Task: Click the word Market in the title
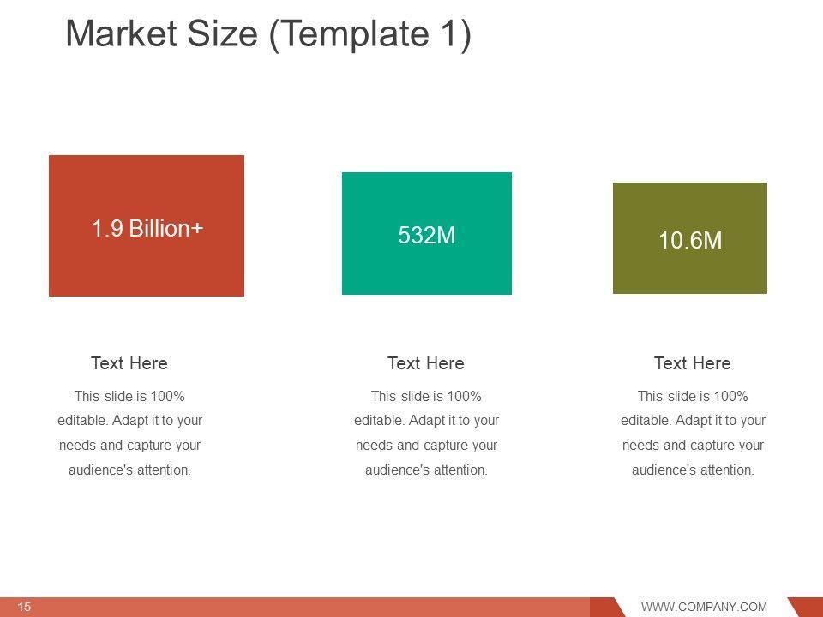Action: click(121, 33)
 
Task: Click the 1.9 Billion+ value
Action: click(147, 228)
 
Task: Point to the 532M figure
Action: click(427, 235)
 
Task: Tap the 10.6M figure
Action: click(690, 240)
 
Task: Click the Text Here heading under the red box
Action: click(129, 363)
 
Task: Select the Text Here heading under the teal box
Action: click(426, 363)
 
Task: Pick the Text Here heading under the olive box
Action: click(693, 363)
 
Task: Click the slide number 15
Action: click(24, 607)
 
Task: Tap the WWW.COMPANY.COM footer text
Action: click(704, 607)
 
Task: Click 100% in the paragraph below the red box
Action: click(167, 396)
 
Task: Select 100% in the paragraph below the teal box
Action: click(464, 396)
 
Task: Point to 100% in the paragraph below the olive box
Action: click(730, 396)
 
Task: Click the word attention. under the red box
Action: click(164, 470)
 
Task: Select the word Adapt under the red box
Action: click(130, 421)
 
